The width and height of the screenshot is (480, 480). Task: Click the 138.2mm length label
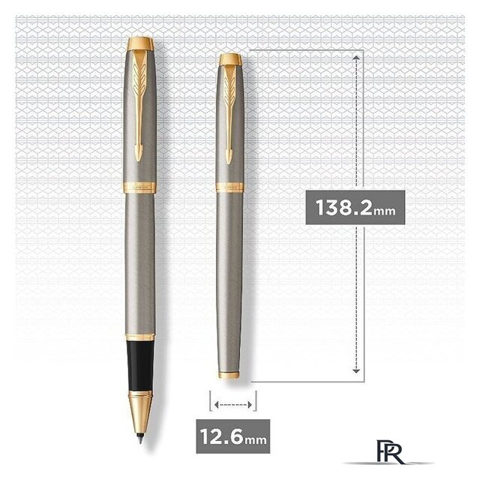coord(355,208)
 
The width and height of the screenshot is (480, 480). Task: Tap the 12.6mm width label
coord(230,433)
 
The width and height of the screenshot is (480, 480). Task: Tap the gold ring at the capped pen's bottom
coord(229,373)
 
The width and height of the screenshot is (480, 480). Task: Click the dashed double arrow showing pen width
coord(231,405)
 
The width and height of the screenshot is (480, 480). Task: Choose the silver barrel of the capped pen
coord(229,285)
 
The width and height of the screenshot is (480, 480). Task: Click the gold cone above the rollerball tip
coord(140,431)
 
